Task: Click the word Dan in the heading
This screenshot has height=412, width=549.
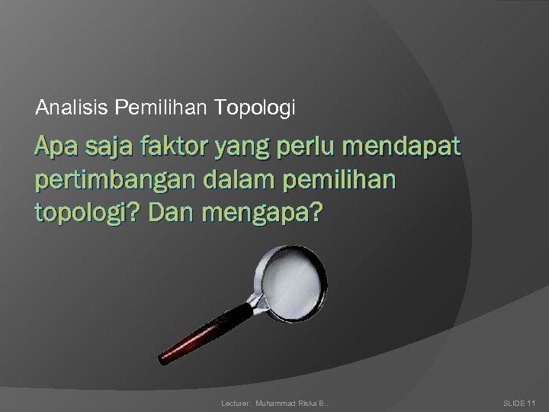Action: click(x=174, y=215)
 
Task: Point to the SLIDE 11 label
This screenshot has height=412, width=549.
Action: click(x=521, y=401)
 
